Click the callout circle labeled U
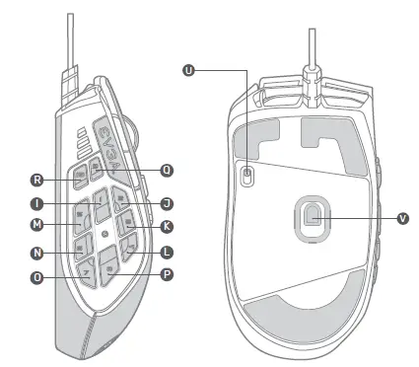coord(189,69)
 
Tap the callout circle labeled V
coord(401,218)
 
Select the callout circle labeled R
coord(37,181)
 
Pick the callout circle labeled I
coord(35,204)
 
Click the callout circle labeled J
coord(167,203)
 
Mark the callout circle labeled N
coord(35,254)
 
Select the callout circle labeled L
coord(167,253)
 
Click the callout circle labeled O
coord(35,277)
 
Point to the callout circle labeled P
coord(167,275)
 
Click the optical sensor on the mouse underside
coord(314,215)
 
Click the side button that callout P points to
coord(109,265)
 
